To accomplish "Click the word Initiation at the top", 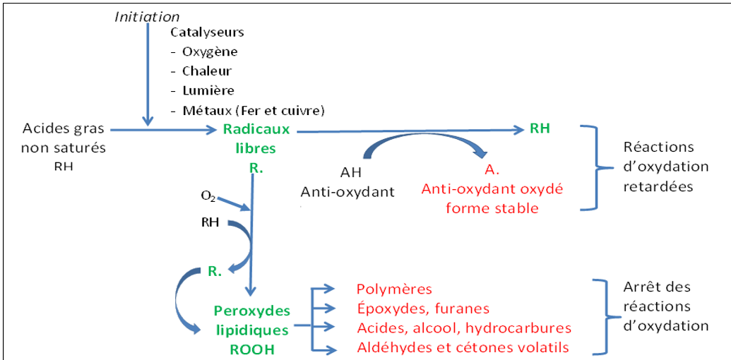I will coord(147,16).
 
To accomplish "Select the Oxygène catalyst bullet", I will coord(210,52).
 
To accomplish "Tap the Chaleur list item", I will coord(206,71).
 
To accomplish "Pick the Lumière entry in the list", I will coord(208,90).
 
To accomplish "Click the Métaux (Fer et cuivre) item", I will coord(253,109).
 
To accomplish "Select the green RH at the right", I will coord(540,128).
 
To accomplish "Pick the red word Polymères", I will coord(394,289).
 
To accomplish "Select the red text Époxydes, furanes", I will coord(422,308).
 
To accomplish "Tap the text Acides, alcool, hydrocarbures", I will coord(463,328).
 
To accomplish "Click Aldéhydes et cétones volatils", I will coord(463,347).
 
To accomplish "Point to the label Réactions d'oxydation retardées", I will coord(665,167).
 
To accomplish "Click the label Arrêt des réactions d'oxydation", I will coord(666,306).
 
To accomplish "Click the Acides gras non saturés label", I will coord(64,138).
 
